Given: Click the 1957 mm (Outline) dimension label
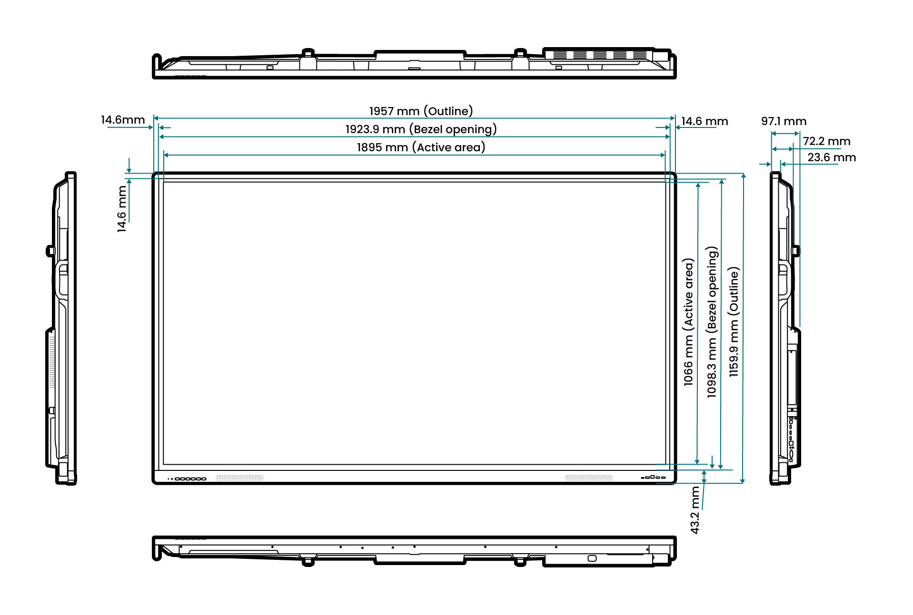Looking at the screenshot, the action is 421,111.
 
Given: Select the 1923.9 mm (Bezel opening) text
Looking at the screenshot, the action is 421,129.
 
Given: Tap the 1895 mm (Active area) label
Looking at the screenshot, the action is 421,147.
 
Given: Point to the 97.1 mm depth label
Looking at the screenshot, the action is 784,121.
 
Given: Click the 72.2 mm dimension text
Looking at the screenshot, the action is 826,141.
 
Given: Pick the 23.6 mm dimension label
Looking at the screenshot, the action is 832,157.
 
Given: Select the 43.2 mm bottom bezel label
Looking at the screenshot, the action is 695,509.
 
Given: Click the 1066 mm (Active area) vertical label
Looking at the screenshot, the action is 688,322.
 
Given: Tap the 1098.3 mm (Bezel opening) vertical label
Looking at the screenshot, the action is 712,322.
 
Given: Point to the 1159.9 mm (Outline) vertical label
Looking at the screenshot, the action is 734,322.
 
